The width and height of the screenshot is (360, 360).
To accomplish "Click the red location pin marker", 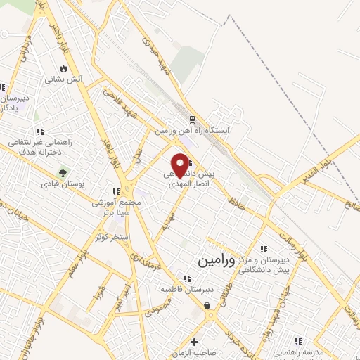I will [181, 164].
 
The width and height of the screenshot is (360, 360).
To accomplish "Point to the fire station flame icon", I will [63, 69].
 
